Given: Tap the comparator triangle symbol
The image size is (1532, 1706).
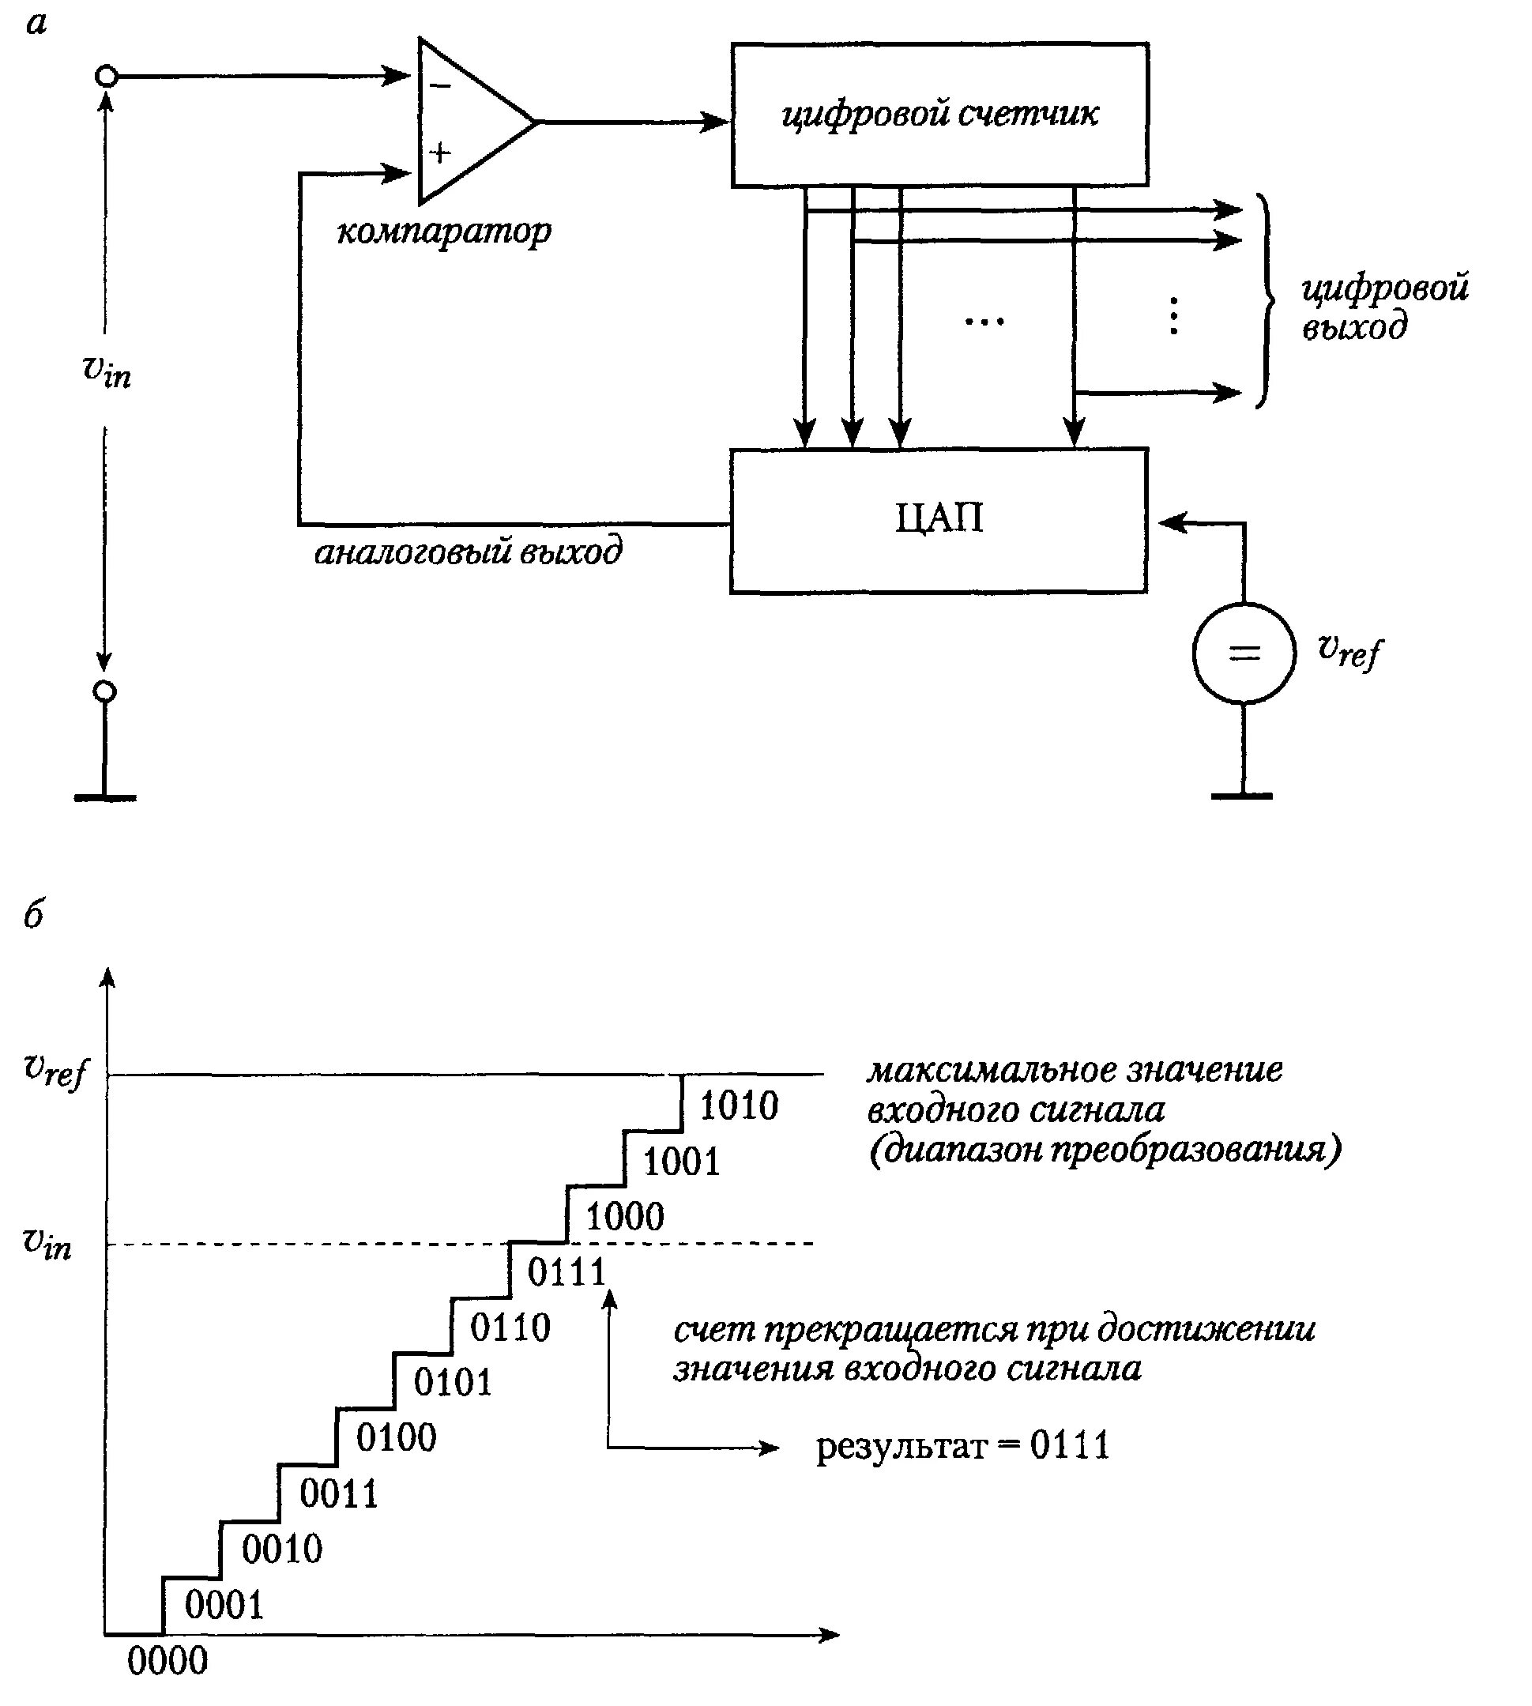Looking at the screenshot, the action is point(476,121).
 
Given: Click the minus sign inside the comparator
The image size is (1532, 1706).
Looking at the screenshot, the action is point(440,86).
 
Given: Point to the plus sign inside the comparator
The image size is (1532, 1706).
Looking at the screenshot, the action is point(440,153).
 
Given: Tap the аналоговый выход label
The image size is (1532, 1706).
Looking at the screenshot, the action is point(469,552).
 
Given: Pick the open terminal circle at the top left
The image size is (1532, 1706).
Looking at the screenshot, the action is point(106,77).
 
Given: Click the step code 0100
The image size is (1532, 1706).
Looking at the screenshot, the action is point(397,1437).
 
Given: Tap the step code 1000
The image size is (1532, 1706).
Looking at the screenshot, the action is point(625,1216).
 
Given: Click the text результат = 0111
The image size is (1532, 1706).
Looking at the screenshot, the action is point(963,1446).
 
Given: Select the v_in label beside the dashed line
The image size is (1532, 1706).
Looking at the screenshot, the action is point(47,1242).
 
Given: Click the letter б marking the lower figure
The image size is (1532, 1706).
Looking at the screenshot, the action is point(34,914).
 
